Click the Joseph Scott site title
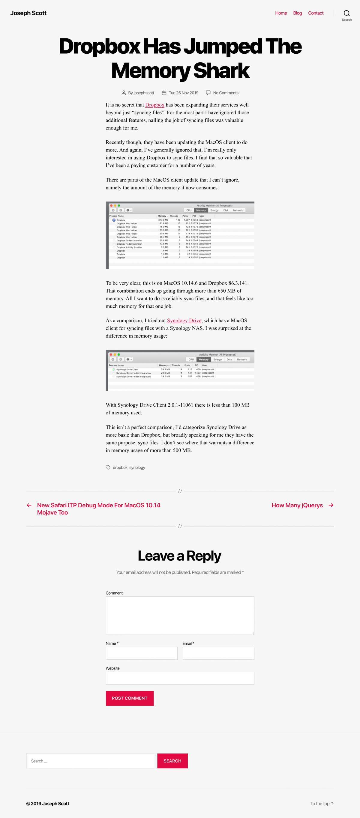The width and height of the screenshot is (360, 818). (28, 13)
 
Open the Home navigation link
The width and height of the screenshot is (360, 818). (281, 13)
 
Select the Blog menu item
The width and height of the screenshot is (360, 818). (297, 13)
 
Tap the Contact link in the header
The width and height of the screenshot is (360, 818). (316, 13)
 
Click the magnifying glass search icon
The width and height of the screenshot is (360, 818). (347, 13)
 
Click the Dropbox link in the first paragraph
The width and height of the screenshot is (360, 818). (155, 105)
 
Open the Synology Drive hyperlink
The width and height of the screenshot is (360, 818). (184, 321)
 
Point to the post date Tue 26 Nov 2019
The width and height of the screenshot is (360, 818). (183, 93)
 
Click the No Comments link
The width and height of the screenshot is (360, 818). (226, 93)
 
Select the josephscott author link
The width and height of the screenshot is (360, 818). (144, 93)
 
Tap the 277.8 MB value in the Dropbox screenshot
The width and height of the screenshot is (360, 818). (163, 220)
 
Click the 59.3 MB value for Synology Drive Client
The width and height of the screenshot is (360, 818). (165, 369)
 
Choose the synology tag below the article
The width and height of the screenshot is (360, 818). (137, 467)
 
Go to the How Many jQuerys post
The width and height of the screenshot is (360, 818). (297, 505)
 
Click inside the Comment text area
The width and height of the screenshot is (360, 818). (180, 615)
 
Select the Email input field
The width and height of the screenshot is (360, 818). (218, 653)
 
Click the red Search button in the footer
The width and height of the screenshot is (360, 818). (172, 761)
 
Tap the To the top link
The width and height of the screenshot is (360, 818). (322, 803)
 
